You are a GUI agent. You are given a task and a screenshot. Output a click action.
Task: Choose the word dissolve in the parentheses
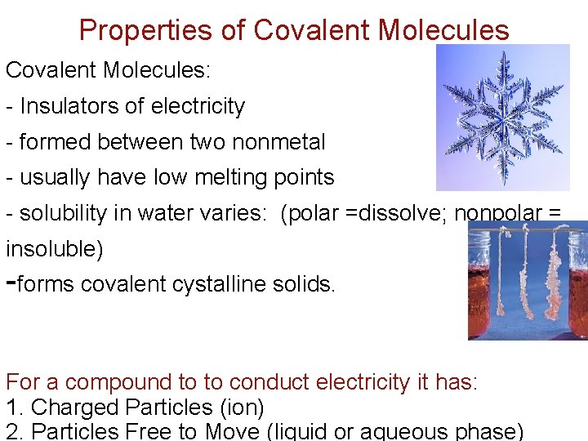tap(392, 213)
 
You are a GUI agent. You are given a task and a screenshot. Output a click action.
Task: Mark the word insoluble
tap(55, 249)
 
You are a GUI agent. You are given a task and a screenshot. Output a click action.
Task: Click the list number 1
tap(11, 407)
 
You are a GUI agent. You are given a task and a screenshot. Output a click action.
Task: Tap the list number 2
tap(11, 431)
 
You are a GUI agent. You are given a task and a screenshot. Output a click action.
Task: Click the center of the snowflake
tap(501, 117)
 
